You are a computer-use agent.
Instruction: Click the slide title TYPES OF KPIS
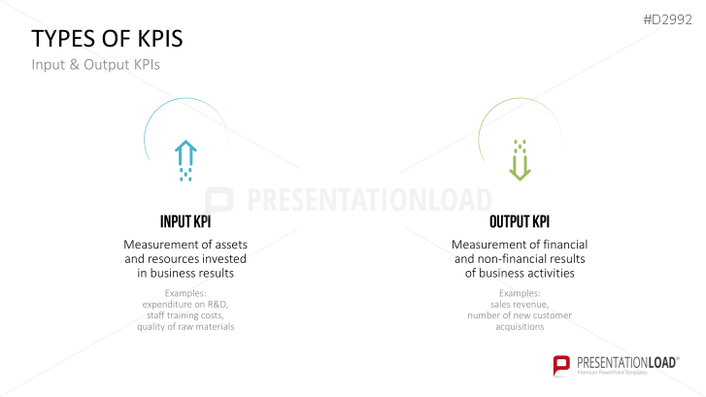pyautogui.click(x=107, y=38)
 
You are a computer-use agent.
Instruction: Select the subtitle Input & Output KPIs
pyautogui.click(x=94, y=65)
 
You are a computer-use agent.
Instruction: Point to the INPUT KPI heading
pyautogui.click(x=185, y=220)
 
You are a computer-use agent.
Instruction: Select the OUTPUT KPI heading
pyautogui.click(x=520, y=220)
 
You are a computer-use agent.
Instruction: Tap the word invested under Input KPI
pyautogui.click(x=224, y=259)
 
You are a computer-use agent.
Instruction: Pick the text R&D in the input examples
pyautogui.click(x=217, y=304)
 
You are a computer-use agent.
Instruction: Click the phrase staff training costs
pyautogui.click(x=185, y=315)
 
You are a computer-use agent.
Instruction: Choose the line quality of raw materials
pyautogui.click(x=185, y=327)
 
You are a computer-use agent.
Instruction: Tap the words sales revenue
pyautogui.click(x=520, y=304)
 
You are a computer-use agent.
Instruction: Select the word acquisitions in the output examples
pyautogui.click(x=520, y=327)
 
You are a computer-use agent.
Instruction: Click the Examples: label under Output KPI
pyautogui.click(x=520, y=292)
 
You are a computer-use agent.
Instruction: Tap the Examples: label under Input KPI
pyautogui.click(x=185, y=292)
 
